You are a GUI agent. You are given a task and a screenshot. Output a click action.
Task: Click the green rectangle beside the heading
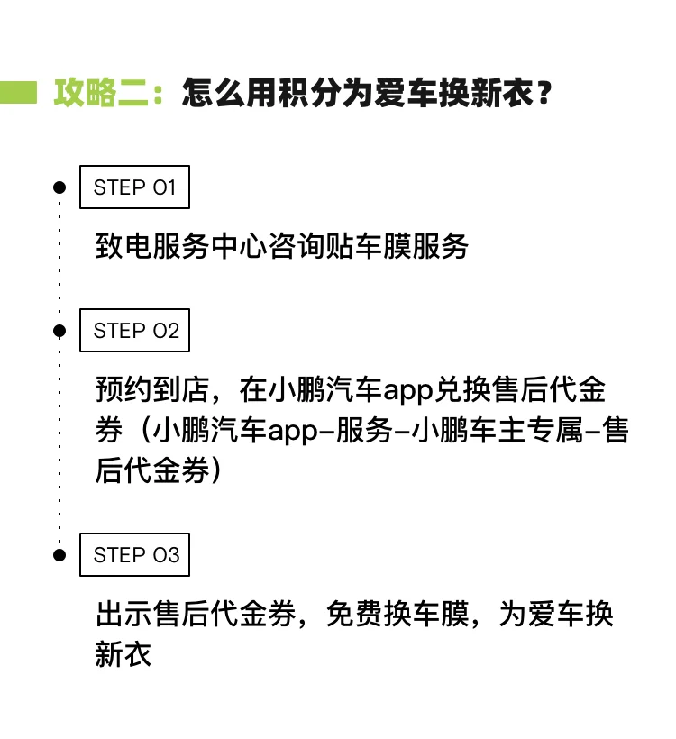click(18, 92)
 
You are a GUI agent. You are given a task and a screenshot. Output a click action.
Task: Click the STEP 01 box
click(134, 187)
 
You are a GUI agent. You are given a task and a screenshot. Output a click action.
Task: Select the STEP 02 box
click(134, 331)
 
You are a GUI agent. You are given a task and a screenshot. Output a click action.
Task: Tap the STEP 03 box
click(134, 555)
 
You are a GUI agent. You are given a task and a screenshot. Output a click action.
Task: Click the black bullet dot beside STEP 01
click(59, 187)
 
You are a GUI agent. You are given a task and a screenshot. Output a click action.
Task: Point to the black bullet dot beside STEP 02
click(59, 331)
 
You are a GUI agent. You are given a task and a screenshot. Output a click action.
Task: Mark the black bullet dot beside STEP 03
click(59, 555)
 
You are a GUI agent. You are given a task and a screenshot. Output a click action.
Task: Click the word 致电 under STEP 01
click(123, 246)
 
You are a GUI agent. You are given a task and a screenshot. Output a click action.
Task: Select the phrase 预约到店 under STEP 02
click(152, 389)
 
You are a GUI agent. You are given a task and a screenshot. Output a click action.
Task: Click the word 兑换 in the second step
click(462, 389)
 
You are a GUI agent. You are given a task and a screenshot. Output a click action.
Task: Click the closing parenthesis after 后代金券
click(216, 470)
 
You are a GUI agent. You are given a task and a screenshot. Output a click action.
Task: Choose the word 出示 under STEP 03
click(123, 614)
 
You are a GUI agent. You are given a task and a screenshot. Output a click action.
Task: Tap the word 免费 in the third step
click(354, 614)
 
